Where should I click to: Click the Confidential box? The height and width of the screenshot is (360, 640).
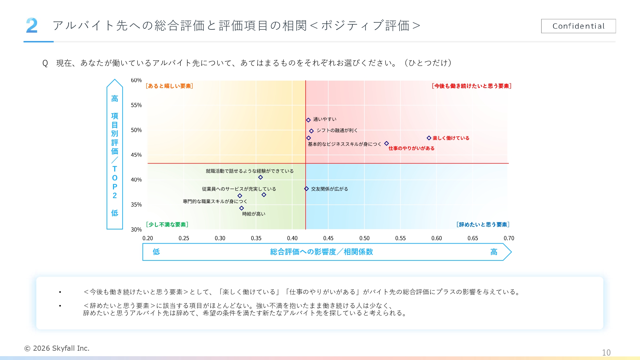tap(578, 26)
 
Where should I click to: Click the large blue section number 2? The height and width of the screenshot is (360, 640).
tap(32, 26)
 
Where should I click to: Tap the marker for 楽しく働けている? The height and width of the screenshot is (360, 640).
tap(429, 138)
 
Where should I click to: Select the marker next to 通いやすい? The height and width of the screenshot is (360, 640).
tap(308, 120)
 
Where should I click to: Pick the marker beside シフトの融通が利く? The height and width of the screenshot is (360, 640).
tap(311, 131)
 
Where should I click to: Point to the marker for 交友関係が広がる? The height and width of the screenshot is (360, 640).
tap(306, 189)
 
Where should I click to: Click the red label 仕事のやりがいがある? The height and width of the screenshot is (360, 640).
tap(411, 148)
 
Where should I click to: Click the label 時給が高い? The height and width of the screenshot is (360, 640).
tap(253, 214)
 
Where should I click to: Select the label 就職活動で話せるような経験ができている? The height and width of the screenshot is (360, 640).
tap(250, 171)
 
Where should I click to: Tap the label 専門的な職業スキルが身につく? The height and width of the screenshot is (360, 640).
tap(215, 201)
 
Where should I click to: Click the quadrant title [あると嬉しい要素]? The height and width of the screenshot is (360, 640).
tap(169, 86)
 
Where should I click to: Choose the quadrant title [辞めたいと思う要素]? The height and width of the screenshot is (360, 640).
tap(483, 224)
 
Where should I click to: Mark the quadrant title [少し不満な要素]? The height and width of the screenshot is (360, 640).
tap(167, 224)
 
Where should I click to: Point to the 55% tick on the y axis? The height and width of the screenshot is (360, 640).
tap(136, 105)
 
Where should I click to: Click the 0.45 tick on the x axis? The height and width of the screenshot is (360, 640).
tap(328, 238)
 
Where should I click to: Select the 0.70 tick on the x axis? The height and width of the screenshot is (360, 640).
tap(508, 238)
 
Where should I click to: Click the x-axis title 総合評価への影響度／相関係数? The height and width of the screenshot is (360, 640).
tap(321, 252)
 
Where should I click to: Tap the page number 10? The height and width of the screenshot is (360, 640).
tap(606, 352)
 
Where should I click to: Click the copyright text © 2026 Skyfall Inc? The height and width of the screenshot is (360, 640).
tap(57, 348)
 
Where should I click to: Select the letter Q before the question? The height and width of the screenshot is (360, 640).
tap(45, 63)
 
